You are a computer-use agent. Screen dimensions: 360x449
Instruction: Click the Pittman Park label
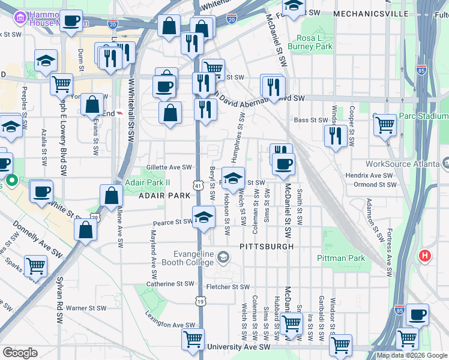(x=341, y=259)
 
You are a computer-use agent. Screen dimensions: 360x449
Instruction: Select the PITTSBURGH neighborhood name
(x=267, y=247)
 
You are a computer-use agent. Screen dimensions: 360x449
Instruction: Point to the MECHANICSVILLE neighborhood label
(x=371, y=13)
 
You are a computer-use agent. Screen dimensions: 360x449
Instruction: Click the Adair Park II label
(x=148, y=182)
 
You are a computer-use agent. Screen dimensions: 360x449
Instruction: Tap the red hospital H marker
(x=425, y=256)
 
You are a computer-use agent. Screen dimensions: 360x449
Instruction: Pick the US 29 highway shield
(x=94, y=217)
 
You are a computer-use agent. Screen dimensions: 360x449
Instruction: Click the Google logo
(x=20, y=353)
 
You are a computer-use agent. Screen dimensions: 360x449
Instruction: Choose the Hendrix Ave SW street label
(x=369, y=176)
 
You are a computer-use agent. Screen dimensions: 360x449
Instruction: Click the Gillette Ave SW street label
(x=169, y=167)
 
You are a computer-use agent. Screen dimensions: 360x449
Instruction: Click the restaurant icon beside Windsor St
(x=336, y=136)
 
